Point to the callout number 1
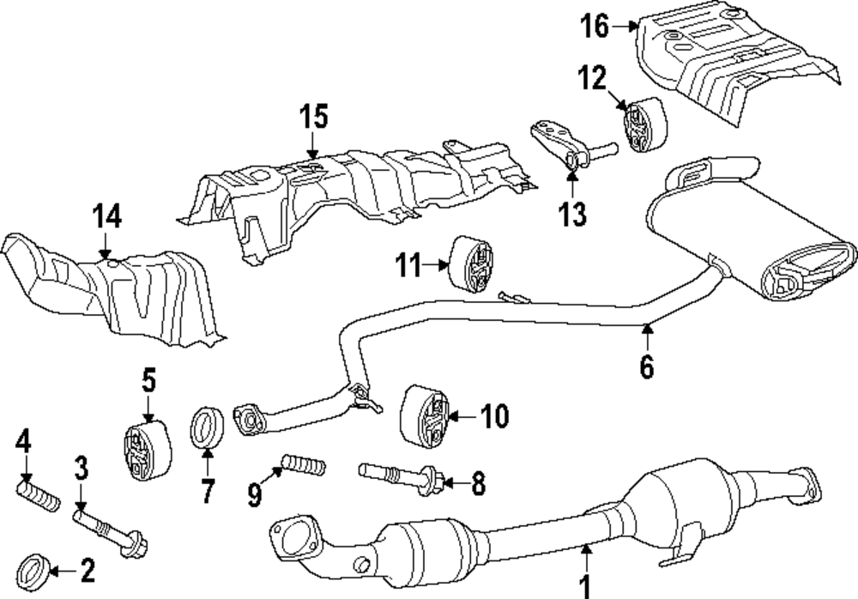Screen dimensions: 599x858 [586, 586]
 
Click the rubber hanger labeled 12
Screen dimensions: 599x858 [639, 126]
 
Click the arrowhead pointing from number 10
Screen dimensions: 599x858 [448, 417]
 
